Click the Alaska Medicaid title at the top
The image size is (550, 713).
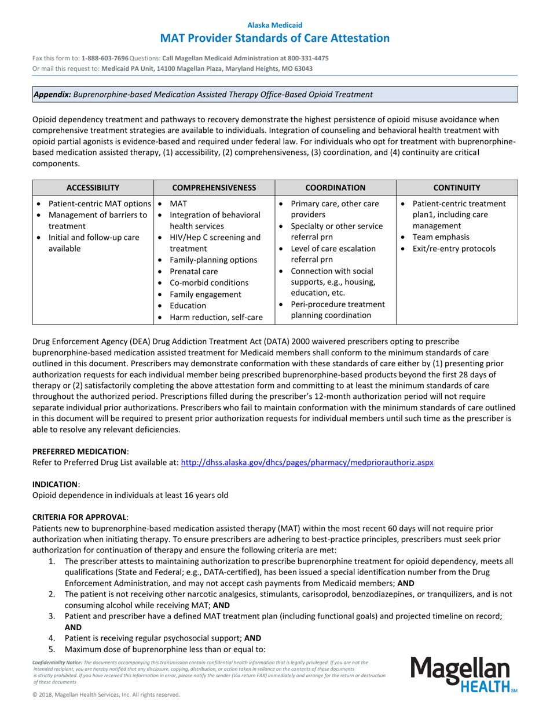[x=274, y=25]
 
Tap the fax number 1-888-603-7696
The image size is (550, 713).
[x=105, y=59]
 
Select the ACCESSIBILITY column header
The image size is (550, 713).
[x=93, y=187]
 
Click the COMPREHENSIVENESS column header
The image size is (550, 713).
[x=214, y=187]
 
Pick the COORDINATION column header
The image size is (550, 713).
[x=335, y=187]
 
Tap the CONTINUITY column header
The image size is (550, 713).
[x=457, y=187]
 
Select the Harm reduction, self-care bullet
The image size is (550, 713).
[x=216, y=317]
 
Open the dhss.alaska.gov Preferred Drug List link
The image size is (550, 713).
[x=307, y=463]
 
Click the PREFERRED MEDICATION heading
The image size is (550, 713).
[x=79, y=451]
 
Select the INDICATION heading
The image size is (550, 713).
[x=55, y=483]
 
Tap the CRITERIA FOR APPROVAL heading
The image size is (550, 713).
[x=80, y=516]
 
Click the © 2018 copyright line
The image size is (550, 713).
[x=106, y=694]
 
